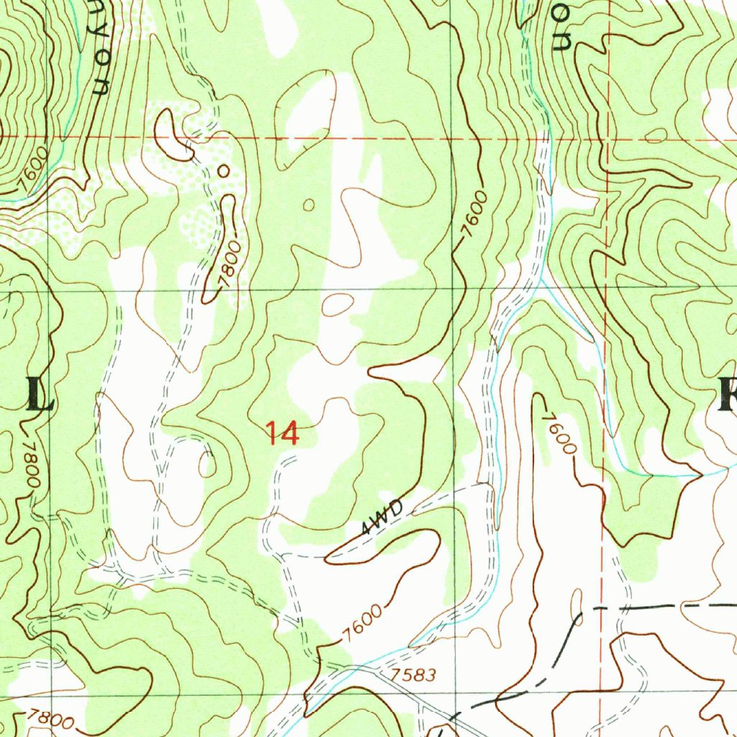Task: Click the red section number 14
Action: pos(281,433)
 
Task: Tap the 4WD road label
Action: pos(377,519)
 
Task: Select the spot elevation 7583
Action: pos(415,676)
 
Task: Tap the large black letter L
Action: pos(40,394)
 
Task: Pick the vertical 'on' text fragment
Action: pos(562,32)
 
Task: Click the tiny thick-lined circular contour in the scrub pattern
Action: pos(223,171)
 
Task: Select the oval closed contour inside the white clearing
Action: pos(336,305)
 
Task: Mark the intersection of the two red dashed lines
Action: pos(607,138)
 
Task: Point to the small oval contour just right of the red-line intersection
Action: pos(656,135)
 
